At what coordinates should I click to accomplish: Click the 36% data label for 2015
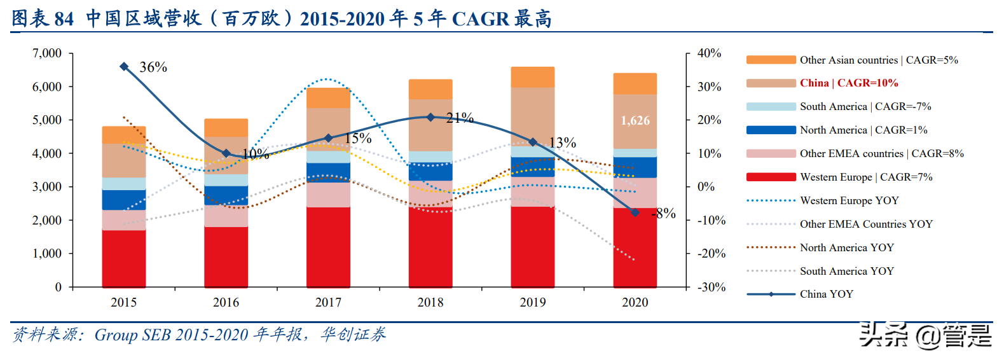point(153,67)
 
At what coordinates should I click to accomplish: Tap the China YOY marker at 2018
point(430,117)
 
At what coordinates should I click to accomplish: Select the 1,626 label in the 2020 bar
point(635,121)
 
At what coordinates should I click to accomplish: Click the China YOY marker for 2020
point(635,212)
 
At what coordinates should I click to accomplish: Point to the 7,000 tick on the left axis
point(47,53)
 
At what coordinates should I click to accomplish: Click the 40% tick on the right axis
point(709,53)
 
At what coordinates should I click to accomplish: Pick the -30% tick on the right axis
point(712,287)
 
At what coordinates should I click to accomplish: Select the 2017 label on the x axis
point(328,303)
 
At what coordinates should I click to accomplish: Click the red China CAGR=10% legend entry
point(848,83)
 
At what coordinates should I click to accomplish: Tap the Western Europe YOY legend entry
point(849,201)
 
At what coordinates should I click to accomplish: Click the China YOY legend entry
point(826,294)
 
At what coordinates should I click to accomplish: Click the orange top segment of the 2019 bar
point(533,77)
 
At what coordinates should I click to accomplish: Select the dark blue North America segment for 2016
point(226,195)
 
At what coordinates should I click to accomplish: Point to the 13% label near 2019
point(562,143)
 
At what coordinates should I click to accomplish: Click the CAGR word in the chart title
point(481,19)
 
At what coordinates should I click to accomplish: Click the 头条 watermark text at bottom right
point(883,335)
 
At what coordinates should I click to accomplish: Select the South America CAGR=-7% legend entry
point(865,107)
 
